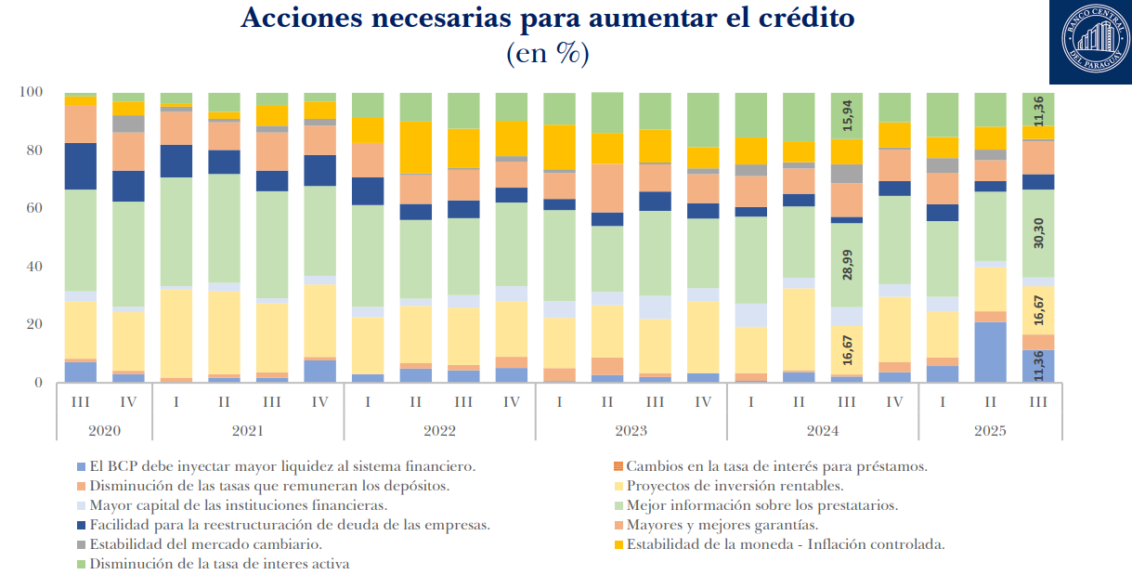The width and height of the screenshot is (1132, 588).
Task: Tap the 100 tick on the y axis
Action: pyautogui.click(x=33, y=92)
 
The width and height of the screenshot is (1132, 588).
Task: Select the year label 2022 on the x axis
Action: pyautogui.click(x=439, y=431)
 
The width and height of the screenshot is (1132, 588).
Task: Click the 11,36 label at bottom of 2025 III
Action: pyautogui.click(x=1037, y=366)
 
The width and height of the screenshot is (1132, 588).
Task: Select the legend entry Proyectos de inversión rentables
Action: pyautogui.click(x=735, y=486)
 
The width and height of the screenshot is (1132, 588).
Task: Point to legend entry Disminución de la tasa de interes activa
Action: pyautogui.click(x=219, y=564)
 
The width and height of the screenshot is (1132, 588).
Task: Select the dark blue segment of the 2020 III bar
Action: pyautogui.click(x=80, y=166)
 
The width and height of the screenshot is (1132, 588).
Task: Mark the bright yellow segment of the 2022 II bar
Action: pyautogui.click(x=415, y=148)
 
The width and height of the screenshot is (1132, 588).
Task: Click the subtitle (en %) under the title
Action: pyautogui.click(x=547, y=53)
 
